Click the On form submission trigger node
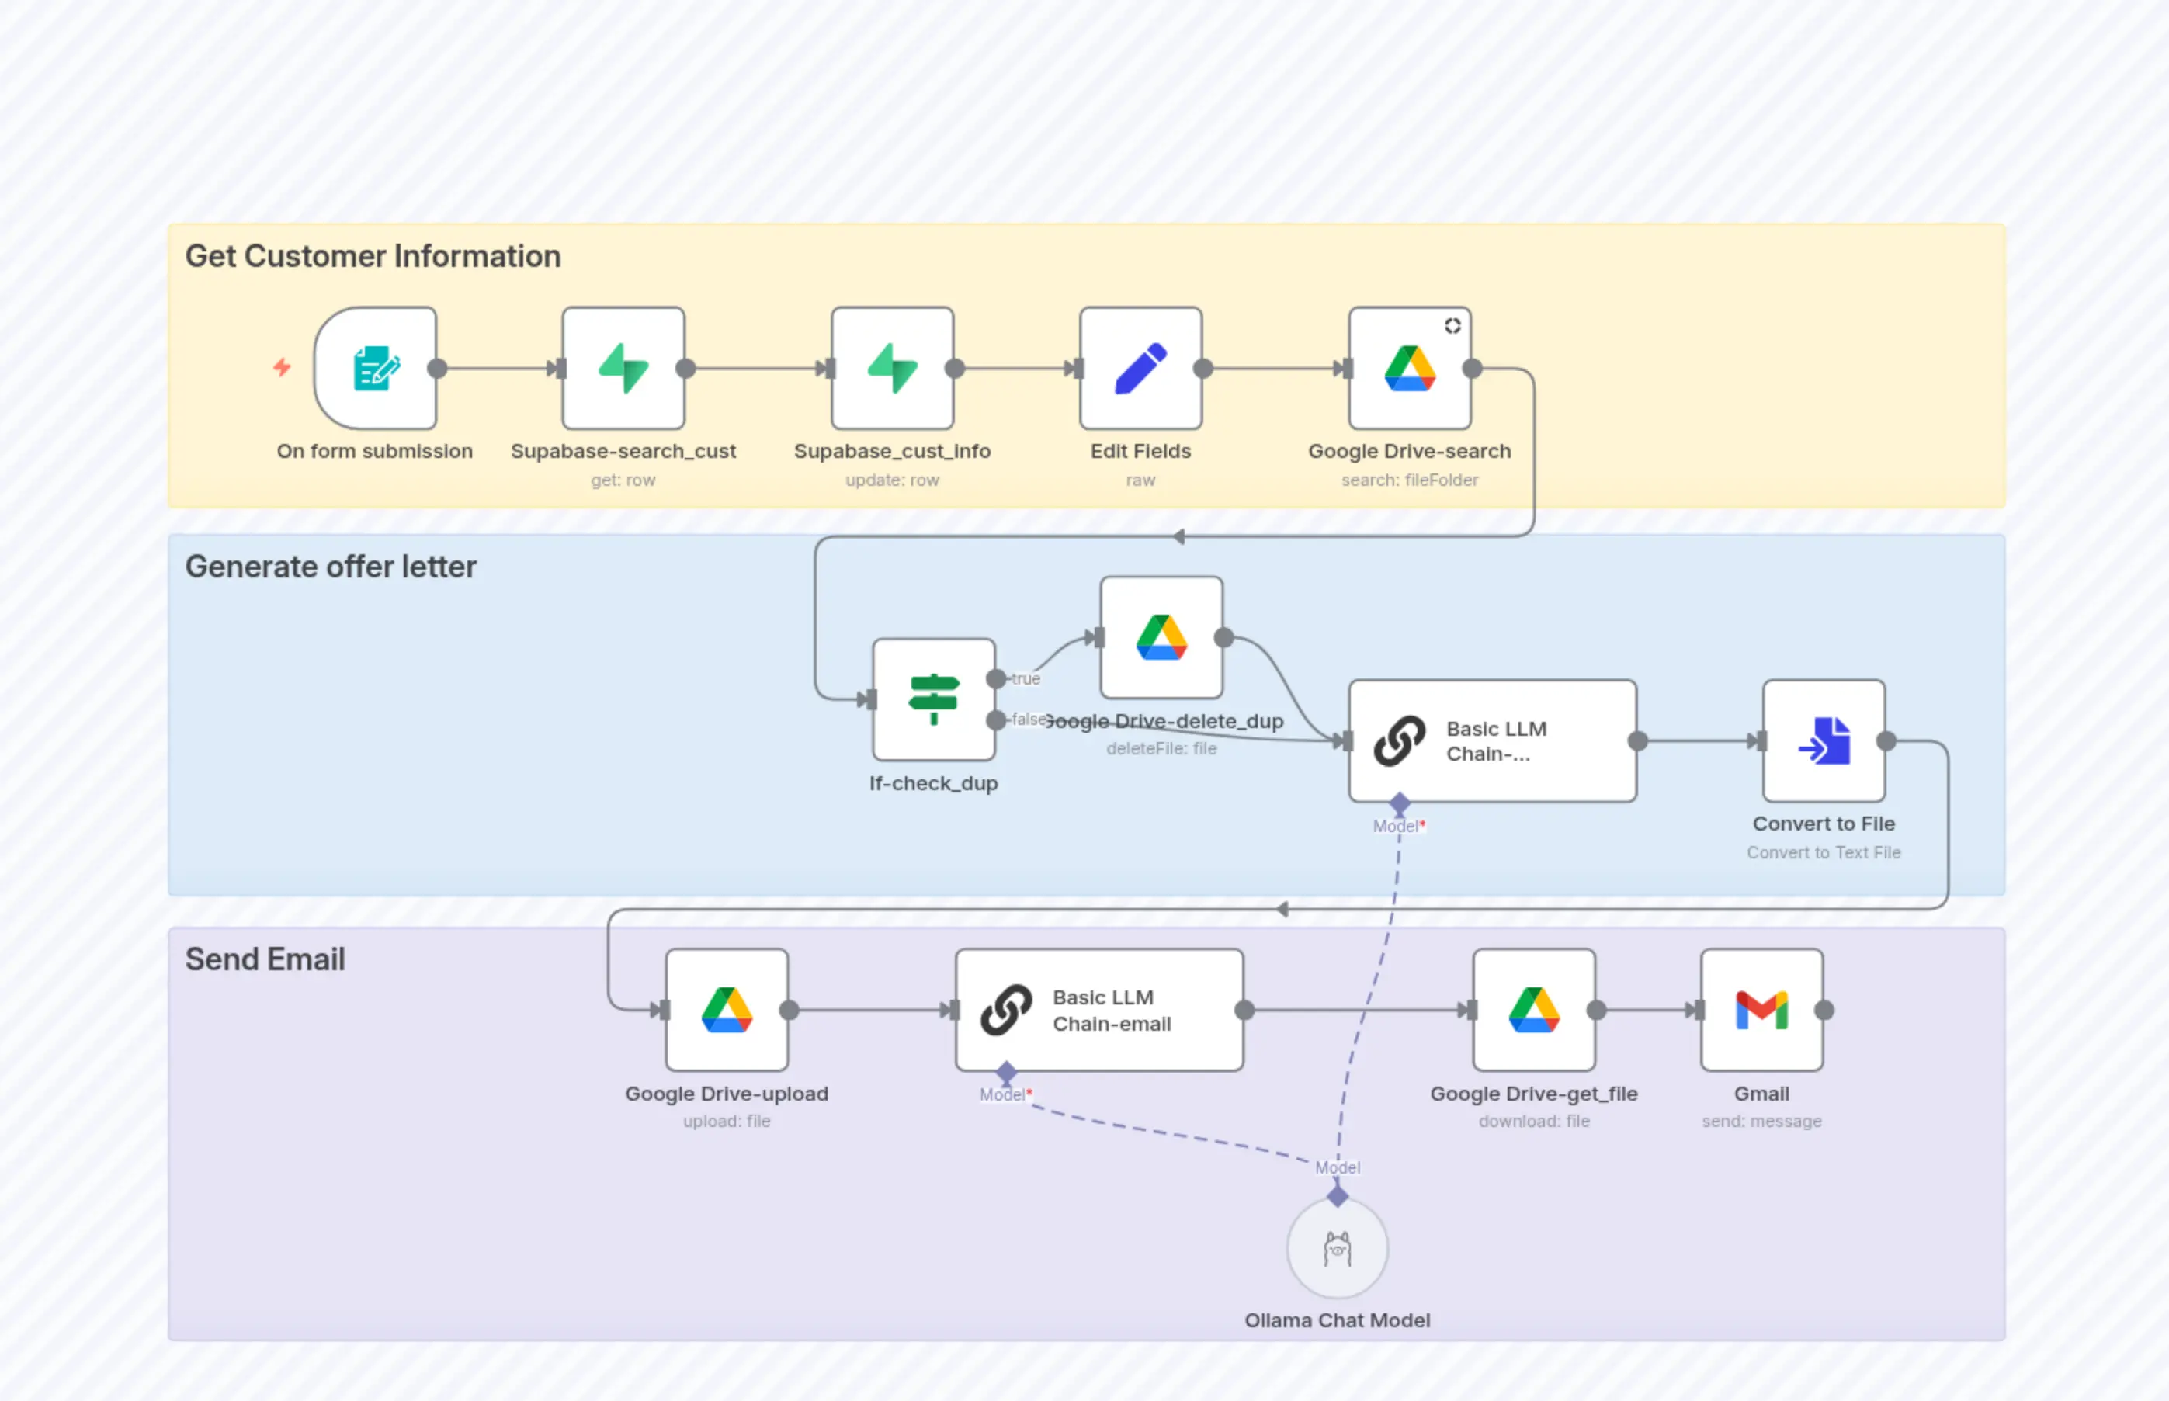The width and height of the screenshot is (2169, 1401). click(376, 369)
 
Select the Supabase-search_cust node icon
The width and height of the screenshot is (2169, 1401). click(623, 369)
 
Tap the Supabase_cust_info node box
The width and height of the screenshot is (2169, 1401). click(892, 369)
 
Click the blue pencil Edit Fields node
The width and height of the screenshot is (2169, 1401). click(1140, 369)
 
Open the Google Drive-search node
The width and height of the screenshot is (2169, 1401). click(1409, 369)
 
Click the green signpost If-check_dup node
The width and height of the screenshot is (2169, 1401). click(933, 699)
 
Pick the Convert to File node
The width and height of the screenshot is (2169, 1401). click(1824, 740)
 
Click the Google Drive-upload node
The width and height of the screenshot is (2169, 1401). click(726, 1010)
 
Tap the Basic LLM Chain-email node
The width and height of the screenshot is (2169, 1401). click(1099, 1010)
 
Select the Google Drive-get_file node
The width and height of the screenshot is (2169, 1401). click(1534, 1010)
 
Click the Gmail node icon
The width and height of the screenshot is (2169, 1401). click(1761, 1010)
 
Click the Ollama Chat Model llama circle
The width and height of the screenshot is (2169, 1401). click(1337, 1248)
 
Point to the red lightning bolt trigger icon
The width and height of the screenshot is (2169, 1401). click(282, 368)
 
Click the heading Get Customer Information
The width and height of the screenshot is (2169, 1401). click(373, 257)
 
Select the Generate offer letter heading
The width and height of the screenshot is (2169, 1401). click(330, 567)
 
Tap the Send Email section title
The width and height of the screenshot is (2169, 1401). click(265, 959)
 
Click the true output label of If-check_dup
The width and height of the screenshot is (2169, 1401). click(1026, 678)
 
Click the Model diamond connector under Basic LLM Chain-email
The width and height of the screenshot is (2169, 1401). click(1005, 1073)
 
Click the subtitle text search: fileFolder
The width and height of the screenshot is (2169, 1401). click(1409, 480)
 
